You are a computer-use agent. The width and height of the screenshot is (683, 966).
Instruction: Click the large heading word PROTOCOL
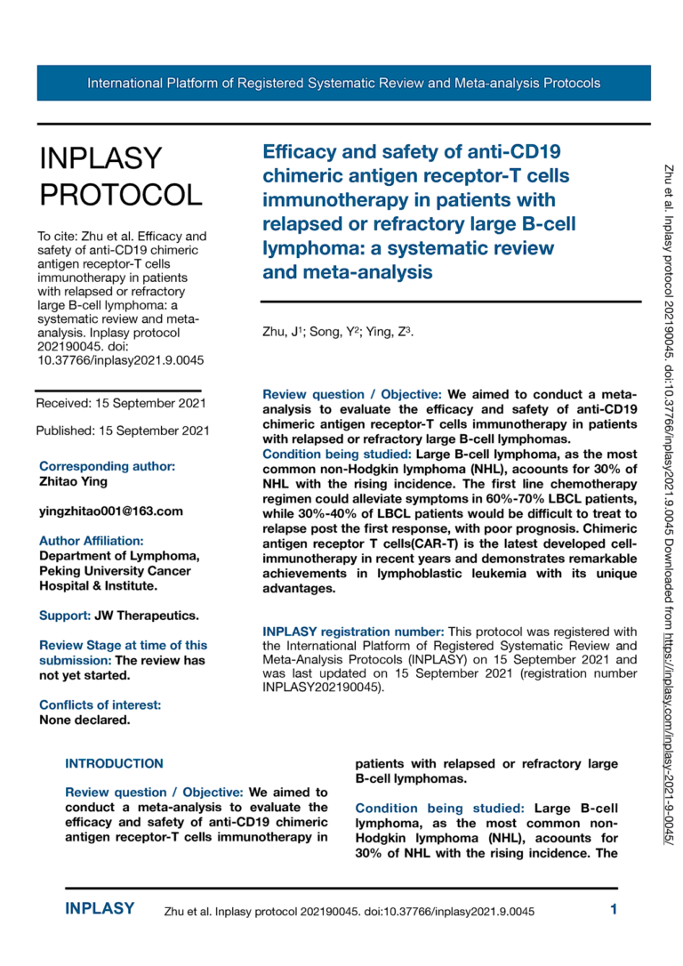pos(120,195)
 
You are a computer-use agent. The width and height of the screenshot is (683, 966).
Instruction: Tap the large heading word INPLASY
pos(101,158)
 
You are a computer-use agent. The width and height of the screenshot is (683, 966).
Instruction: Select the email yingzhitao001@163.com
pos(111,511)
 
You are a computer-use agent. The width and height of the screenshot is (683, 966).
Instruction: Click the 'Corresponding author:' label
pos(107,466)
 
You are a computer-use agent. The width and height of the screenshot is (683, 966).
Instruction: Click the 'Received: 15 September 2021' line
pos(121,403)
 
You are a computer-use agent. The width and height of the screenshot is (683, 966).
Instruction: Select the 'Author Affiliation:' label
pos(91,540)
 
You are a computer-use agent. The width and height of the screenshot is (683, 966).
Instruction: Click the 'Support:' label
pos(65,615)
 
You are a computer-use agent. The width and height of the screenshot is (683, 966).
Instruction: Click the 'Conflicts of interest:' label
pos(100,705)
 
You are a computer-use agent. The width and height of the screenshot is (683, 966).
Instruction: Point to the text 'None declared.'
pos(84,720)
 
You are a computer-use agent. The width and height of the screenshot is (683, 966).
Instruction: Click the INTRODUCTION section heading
pos(115,763)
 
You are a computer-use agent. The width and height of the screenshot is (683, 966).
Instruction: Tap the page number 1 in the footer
pos(614,909)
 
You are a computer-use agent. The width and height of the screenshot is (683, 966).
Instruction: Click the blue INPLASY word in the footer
pos(100,909)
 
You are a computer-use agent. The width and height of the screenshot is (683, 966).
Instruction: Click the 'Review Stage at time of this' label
pos(123,645)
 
